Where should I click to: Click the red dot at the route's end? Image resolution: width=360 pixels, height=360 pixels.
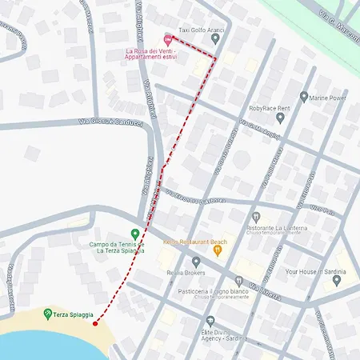(95, 323)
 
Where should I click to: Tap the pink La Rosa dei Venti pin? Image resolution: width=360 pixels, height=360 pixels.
(167, 38)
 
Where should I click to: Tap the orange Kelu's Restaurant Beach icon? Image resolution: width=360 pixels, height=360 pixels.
(218, 250)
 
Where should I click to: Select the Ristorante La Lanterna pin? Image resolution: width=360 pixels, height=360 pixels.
(256, 217)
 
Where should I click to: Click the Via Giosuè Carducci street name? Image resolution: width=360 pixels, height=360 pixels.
(110, 122)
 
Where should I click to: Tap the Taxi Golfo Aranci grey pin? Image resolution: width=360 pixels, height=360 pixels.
(215, 38)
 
